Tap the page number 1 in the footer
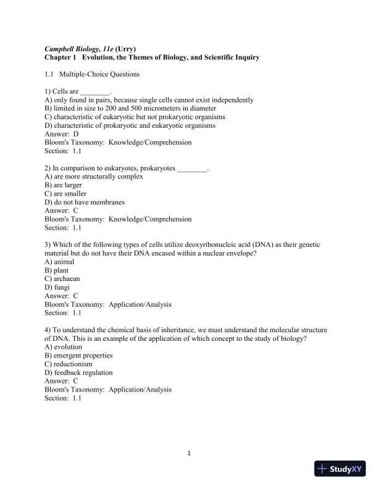tap(189, 454)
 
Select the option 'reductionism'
tap(69, 364)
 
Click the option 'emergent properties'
tap(78, 355)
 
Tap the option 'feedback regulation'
tap(78, 372)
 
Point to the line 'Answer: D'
tap(62, 133)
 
